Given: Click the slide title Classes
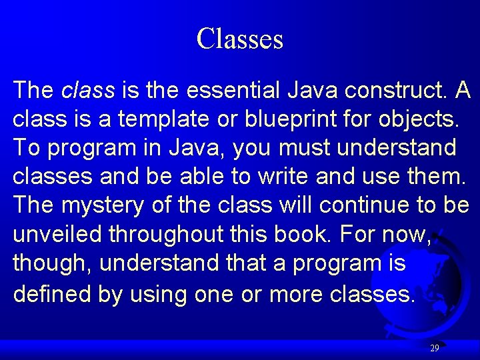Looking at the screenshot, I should [x=240, y=39].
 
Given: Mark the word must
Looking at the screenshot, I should [x=304, y=147].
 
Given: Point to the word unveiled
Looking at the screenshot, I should [x=57, y=234].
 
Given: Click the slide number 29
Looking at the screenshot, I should [x=434, y=348].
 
